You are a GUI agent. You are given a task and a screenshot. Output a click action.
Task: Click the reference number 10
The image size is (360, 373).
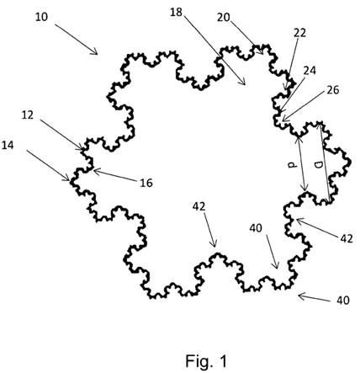42,18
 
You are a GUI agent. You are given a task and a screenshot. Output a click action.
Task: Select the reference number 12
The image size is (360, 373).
28,115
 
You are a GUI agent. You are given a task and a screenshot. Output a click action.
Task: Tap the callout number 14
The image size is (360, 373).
8,146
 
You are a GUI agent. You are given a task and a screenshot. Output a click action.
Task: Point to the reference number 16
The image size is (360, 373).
146,183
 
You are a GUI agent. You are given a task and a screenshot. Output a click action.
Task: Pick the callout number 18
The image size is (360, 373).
176,13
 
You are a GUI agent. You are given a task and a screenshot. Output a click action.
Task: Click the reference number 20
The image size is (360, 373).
224,18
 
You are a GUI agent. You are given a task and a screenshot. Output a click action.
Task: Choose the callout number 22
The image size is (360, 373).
299,33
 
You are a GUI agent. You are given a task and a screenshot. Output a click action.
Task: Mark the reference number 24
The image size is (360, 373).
310,71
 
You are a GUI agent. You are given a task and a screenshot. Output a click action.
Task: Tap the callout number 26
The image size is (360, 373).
333,90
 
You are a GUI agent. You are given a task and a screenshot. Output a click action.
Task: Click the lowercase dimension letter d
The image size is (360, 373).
292,166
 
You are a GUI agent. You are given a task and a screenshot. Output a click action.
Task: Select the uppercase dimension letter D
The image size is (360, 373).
318,166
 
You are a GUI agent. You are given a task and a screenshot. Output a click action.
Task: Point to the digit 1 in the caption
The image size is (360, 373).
223,360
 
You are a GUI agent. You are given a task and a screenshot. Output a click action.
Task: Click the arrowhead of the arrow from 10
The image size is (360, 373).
95,52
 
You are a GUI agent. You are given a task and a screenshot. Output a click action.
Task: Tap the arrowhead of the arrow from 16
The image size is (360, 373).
96,171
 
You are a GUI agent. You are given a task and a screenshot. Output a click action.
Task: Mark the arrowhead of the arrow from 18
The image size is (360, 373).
243,83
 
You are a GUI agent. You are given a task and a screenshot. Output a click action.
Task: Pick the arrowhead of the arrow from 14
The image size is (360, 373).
67,179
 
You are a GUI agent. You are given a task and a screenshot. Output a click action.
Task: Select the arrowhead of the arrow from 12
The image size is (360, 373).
81,148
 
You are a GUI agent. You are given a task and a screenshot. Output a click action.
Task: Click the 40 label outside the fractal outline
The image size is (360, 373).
343,301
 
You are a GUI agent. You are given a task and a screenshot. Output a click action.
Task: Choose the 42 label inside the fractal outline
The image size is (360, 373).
199,207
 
